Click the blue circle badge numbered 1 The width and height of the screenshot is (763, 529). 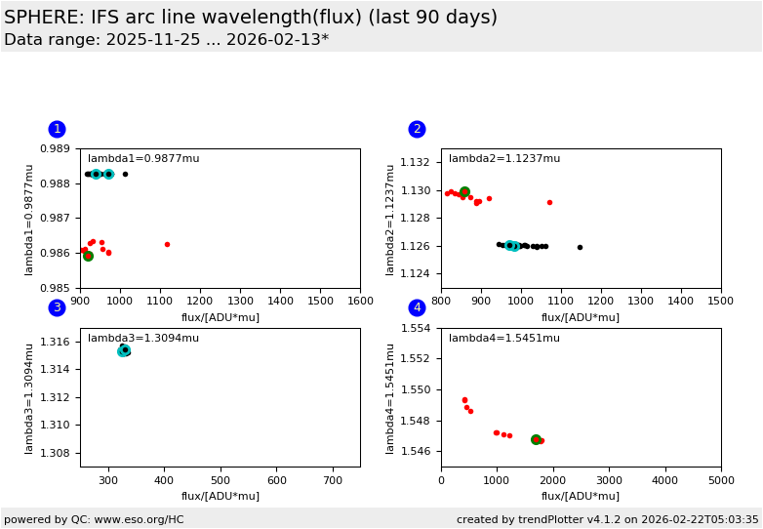pos(57,129)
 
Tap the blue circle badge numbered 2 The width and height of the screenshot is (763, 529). pos(417,129)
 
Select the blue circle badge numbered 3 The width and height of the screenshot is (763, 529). pos(57,307)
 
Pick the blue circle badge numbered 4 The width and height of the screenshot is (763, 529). pos(417,307)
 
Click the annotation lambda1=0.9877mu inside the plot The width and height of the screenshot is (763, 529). pos(143,159)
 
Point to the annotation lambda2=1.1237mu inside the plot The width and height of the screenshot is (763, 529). pos(504,159)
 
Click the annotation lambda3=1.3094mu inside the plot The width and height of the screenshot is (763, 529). pos(143,339)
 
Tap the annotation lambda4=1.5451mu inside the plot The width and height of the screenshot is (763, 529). pos(504,339)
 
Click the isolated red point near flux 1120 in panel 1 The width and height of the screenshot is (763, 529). pos(167,244)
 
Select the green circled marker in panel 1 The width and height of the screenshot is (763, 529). pos(88,256)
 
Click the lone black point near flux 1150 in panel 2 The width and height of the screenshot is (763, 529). pos(580,247)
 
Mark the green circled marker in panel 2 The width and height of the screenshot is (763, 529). pos(464,192)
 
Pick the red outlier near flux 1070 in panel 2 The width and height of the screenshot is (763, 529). pos(549,203)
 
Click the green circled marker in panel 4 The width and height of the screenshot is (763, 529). pos(536,440)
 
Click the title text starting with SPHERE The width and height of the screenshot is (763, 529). pos(251,18)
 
